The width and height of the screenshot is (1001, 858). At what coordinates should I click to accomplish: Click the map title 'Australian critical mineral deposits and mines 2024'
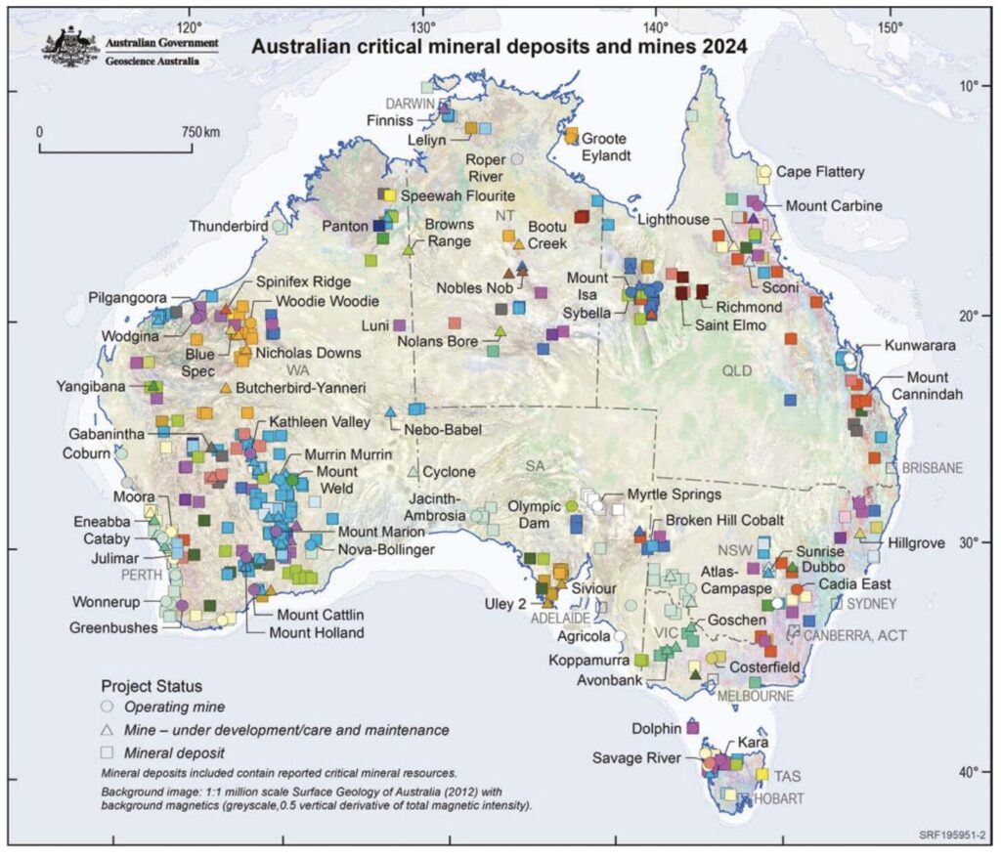pos(500,45)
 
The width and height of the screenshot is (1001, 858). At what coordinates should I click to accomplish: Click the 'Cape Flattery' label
pos(820,172)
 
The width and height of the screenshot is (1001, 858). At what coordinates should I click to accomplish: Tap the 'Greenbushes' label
pos(114,627)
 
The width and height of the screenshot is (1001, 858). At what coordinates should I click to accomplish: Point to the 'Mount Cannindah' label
pos(920,386)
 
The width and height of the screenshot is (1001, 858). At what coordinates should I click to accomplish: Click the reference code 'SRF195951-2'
pos(953,837)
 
